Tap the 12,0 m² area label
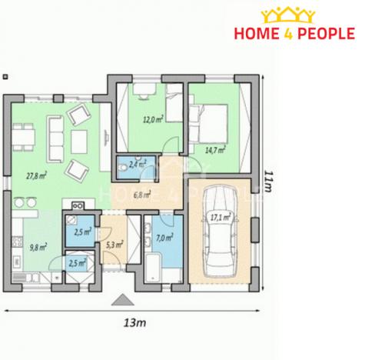150,119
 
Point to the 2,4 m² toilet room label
138,164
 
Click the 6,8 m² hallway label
141,195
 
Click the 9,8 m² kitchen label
37,247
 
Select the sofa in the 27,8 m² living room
55,134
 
